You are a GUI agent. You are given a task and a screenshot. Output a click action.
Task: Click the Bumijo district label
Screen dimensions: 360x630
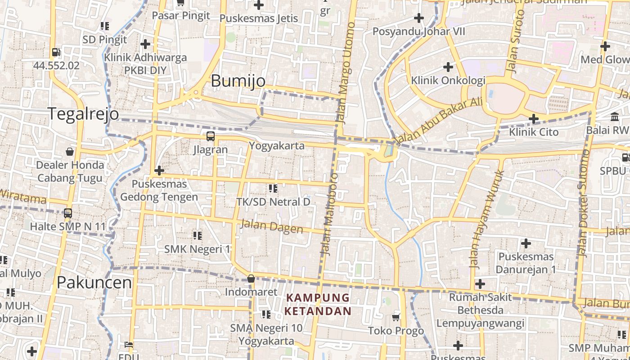coord(238,81)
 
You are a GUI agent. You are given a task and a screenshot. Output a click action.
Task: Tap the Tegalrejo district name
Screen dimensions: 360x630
coord(83,114)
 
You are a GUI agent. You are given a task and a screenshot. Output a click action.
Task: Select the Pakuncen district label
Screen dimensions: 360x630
coord(94,283)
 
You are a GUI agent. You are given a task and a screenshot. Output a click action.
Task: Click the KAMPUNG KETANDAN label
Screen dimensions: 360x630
coord(318,304)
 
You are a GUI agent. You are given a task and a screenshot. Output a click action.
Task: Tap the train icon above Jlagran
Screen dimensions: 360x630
coord(210,136)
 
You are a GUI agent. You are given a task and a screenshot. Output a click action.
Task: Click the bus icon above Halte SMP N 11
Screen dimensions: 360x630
coord(68,213)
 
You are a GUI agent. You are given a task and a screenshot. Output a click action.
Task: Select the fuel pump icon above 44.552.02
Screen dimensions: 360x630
coord(56,52)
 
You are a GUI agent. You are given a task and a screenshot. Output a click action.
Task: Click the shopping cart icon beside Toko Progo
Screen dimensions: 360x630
coord(396,318)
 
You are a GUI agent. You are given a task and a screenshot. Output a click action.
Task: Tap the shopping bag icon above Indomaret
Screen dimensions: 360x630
coord(251,279)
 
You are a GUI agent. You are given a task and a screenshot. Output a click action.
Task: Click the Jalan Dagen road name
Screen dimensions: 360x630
coord(272,226)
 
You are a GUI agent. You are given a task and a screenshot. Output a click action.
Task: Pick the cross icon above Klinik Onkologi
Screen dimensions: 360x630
coord(448,67)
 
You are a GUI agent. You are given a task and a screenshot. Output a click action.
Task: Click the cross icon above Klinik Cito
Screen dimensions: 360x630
coord(534,119)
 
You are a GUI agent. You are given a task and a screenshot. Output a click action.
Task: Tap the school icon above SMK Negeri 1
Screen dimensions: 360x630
coord(197,235)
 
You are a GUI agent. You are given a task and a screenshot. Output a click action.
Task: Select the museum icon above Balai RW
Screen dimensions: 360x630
coord(615,117)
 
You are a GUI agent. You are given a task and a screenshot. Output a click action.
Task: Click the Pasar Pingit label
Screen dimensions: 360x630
coord(181,16)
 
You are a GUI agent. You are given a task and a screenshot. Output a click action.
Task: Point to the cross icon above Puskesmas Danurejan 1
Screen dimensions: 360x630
coord(526,244)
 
